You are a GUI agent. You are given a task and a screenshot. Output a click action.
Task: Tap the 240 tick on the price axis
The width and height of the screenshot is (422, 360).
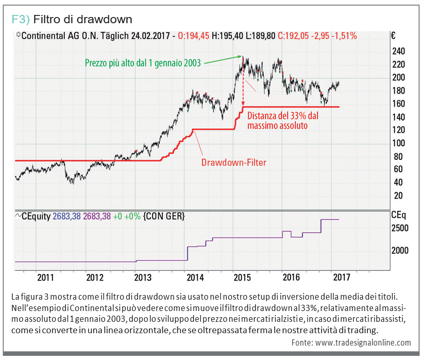[x=399, y=51]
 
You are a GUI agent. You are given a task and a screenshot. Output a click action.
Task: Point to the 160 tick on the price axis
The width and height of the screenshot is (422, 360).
[x=399, y=104]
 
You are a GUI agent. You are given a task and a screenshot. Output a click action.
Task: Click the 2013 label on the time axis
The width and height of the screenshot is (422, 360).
[x=142, y=277]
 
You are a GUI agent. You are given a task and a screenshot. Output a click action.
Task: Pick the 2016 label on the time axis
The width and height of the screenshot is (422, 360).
[x=292, y=277]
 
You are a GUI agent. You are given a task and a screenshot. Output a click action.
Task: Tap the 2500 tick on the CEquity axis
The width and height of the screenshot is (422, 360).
[x=400, y=228]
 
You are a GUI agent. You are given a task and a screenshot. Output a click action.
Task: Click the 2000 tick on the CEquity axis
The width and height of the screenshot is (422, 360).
[x=400, y=251]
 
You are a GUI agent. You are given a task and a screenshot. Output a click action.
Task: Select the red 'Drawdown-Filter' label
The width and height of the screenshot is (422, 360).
[x=233, y=162]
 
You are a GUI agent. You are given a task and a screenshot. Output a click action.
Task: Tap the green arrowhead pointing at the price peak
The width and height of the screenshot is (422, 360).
[x=240, y=56]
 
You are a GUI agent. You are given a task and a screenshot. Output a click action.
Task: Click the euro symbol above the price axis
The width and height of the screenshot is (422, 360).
[x=393, y=36]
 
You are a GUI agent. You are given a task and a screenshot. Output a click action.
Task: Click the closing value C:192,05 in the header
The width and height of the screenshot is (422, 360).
[x=296, y=36]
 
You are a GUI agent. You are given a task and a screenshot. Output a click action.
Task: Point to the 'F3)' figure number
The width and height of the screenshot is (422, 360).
[x=21, y=20]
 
